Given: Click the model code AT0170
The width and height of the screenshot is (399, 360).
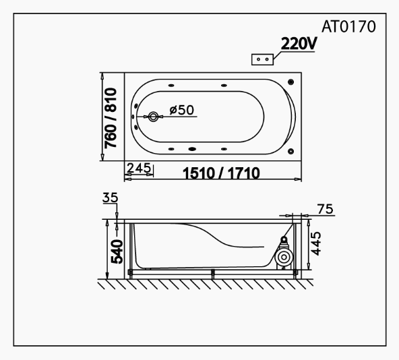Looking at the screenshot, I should click(x=349, y=29).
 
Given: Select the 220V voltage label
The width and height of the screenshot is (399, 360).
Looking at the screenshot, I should click(x=299, y=45).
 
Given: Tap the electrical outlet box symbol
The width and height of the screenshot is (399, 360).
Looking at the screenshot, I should click(x=262, y=59).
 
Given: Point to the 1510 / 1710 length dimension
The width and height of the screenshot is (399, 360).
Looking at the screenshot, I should click(x=222, y=173).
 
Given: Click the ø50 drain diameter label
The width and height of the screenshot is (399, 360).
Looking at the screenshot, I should click(x=181, y=110).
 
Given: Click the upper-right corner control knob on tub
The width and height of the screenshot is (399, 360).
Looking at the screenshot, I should click(x=290, y=82).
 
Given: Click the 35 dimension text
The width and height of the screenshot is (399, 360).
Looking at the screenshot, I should click(x=110, y=198).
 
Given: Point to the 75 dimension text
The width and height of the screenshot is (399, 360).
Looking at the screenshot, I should click(x=325, y=209).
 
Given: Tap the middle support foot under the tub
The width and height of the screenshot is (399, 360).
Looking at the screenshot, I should click(x=212, y=274).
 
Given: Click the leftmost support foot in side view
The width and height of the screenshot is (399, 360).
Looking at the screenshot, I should click(x=130, y=274).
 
